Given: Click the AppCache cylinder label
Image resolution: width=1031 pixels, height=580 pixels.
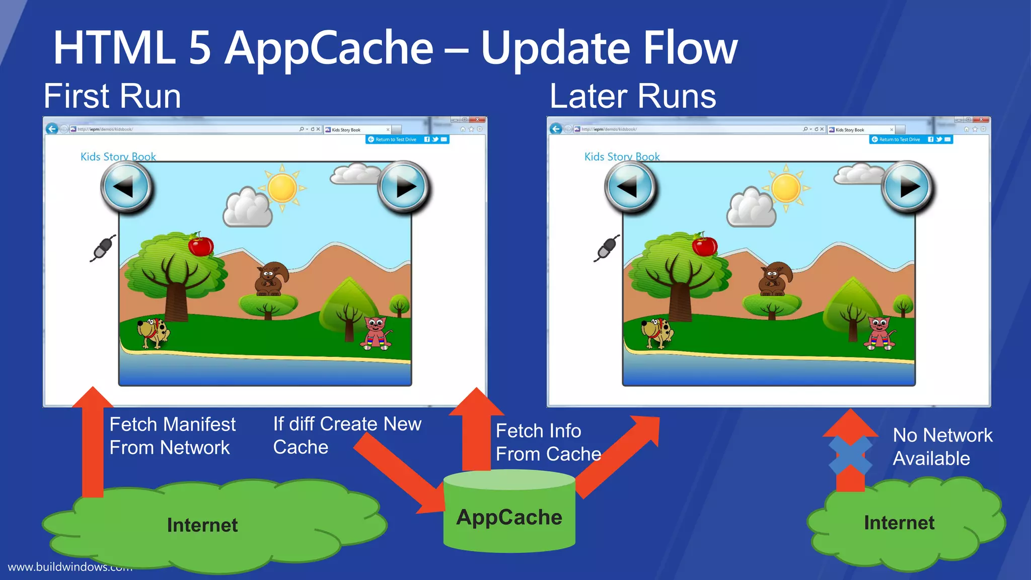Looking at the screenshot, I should [x=509, y=518].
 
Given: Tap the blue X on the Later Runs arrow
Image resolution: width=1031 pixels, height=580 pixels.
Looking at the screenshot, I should [x=850, y=455].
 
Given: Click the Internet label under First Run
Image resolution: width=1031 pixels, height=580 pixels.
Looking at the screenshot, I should [x=202, y=525].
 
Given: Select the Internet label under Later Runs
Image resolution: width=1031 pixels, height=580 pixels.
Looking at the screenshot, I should [x=899, y=523].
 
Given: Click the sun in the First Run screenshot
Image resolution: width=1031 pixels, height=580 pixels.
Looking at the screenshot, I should [x=282, y=188].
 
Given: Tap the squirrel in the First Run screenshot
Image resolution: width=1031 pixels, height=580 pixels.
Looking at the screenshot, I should [x=271, y=278].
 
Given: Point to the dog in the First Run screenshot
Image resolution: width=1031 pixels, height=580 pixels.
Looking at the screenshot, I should [x=154, y=332].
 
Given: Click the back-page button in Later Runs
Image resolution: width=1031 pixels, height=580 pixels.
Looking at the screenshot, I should [x=630, y=187].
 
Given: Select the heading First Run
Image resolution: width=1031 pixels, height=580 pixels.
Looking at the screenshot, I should [x=112, y=96].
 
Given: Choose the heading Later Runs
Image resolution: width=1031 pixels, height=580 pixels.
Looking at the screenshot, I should [x=633, y=96].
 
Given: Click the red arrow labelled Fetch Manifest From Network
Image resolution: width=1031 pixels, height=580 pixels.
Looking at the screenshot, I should [x=93, y=443].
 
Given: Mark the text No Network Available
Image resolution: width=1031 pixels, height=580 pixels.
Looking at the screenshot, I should [x=942, y=447].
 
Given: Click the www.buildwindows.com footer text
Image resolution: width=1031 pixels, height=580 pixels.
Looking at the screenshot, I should [x=69, y=567].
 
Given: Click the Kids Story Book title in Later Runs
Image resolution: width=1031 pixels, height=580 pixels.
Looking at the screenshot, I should [x=622, y=157].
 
